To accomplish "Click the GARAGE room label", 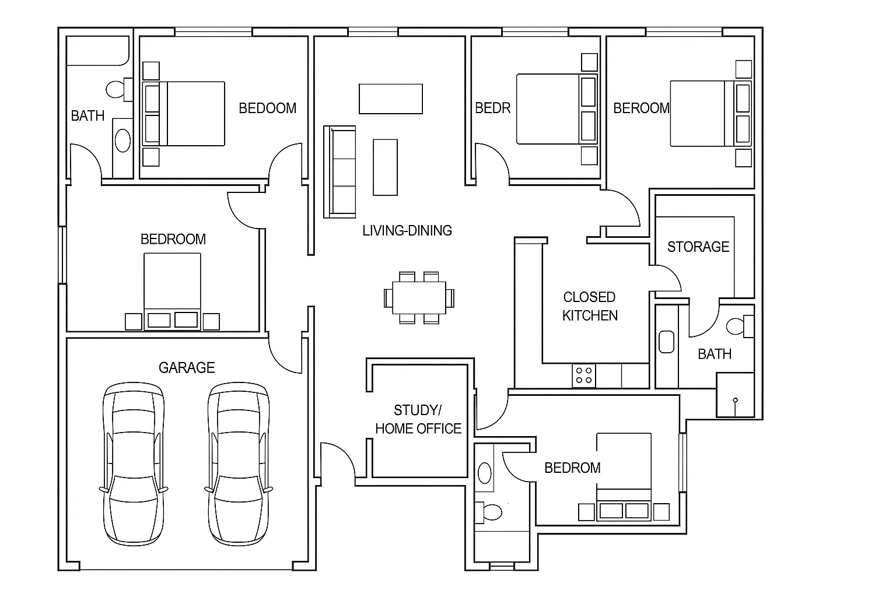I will pyautogui.click(x=187, y=367).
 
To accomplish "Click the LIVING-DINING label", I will pyautogui.click(x=407, y=230).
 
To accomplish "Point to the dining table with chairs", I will pyautogui.click(x=419, y=297).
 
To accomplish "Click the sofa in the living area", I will pyautogui.click(x=340, y=172).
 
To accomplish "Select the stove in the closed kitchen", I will pyautogui.click(x=583, y=375).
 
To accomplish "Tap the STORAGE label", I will pyautogui.click(x=698, y=247).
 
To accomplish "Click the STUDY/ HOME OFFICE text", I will pyautogui.click(x=418, y=419).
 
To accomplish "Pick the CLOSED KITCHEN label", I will pyautogui.click(x=590, y=306).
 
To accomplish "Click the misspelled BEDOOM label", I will pyautogui.click(x=268, y=108).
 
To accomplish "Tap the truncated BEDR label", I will pyautogui.click(x=493, y=108).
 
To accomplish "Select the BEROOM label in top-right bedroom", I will pyautogui.click(x=641, y=108).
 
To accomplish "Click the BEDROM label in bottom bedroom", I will pyautogui.click(x=572, y=468).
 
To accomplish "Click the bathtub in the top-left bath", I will pyautogui.click(x=97, y=51).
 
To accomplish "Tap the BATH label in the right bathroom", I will pyautogui.click(x=715, y=354).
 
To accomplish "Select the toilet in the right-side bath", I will pyautogui.click(x=738, y=326).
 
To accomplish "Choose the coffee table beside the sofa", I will pyautogui.click(x=385, y=167).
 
